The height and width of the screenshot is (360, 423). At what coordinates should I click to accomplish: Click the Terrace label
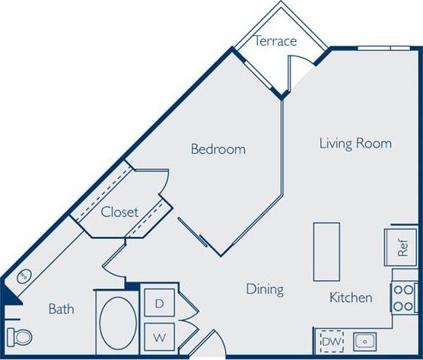(x=275, y=41)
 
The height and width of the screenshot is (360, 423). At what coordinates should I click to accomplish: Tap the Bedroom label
(x=218, y=149)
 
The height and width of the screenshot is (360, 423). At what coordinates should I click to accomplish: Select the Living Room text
(x=355, y=143)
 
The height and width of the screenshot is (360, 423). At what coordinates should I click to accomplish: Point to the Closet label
(x=119, y=212)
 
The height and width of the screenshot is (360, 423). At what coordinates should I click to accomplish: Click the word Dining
(x=265, y=289)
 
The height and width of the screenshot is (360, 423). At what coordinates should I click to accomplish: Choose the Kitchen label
(x=351, y=297)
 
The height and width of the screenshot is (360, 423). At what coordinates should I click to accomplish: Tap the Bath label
(x=61, y=309)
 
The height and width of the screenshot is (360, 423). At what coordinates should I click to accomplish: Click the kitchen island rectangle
(x=326, y=251)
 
